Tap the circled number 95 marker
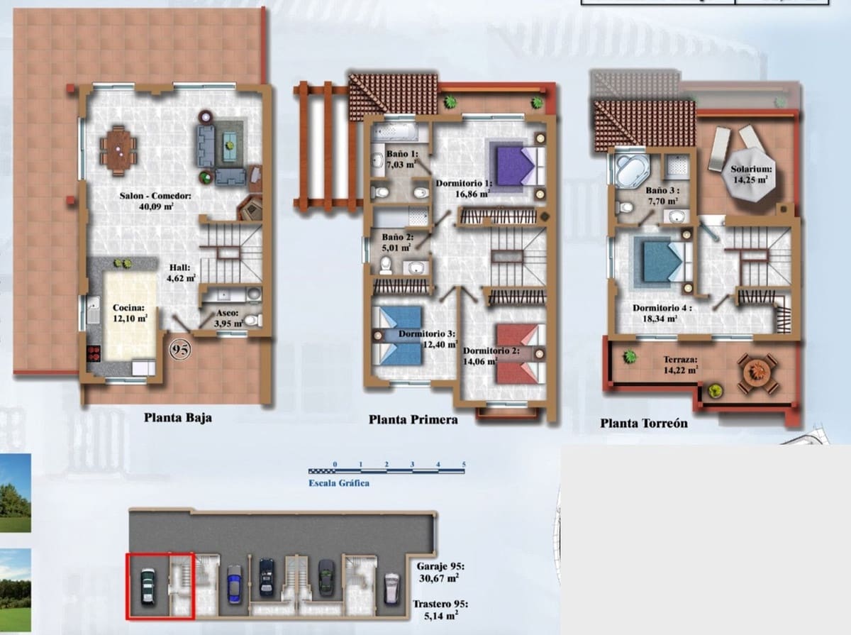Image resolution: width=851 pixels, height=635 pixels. point(179,349)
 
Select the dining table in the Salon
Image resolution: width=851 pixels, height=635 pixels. point(118,150)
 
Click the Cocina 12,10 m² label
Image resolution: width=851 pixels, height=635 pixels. point(129,314)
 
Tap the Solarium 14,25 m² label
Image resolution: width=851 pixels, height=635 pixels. point(751,175)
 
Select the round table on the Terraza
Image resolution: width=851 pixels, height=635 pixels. point(757,372)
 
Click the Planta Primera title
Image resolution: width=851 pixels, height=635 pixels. point(413,419)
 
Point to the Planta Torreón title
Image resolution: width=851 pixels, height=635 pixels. point(643,424)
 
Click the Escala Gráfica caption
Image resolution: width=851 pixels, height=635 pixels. point(338,483)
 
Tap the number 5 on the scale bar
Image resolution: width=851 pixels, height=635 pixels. point(464,465)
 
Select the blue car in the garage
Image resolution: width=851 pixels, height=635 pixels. point(234,584)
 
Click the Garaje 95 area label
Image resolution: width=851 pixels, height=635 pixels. point(440,573)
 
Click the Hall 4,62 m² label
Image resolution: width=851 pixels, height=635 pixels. point(182,273)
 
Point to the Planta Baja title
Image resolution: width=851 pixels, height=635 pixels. point(177,417)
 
